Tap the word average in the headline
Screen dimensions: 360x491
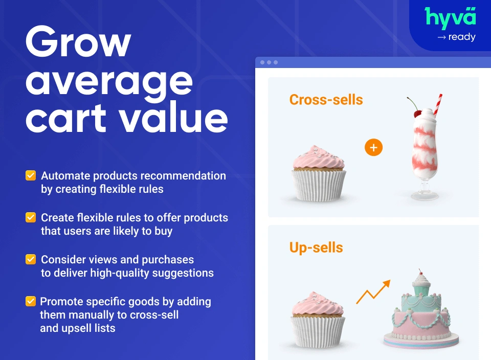(109, 82)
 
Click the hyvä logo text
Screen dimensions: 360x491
(451, 18)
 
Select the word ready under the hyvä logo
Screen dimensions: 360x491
(462, 37)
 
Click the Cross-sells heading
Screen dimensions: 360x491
(326, 99)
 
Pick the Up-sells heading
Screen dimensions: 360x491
(316, 248)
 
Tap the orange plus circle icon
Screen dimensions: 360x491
(373, 148)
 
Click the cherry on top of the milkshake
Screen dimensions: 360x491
(418, 113)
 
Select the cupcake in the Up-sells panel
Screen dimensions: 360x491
(318, 320)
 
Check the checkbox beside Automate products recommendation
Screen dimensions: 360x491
(31, 176)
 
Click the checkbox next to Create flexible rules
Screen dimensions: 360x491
(31, 218)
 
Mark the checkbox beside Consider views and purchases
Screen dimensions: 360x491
(31, 260)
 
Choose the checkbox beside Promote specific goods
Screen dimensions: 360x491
(31, 302)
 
